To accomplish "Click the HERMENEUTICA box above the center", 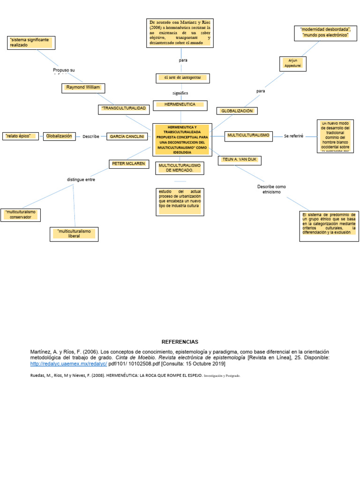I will pyautogui.click(x=180, y=105).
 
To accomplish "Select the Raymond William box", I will pyautogui.click(x=83, y=88).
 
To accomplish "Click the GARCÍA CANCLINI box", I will pyautogui.click(x=127, y=136).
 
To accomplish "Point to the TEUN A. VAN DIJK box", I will pyautogui.click(x=240, y=160).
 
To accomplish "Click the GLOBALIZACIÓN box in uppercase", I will pyautogui.click(x=237, y=111).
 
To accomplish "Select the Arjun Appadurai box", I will pyautogui.click(x=292, y=64).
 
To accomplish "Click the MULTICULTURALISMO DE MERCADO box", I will pyautogui.click(x=180, y=168).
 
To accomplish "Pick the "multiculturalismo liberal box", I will pyautogui.click(x=74, y=234).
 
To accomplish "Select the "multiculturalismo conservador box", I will pyautogui.click(x=21, y=215).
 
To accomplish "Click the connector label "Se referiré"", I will pyautogui.click(x=293, y=136).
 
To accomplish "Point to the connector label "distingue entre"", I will pyautogui.click(x=81, y=180).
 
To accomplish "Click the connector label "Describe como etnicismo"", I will pyautogui.click(x=271, y=189).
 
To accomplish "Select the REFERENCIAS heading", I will pyautogui.click(x=180, y=342).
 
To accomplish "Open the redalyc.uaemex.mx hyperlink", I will pyautogui.click(x=68, y=364).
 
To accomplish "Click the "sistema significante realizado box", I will pyautogui.click(x=31, y=43).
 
